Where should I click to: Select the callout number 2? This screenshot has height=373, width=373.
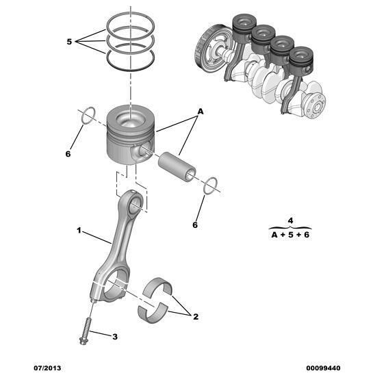tap(195, 317)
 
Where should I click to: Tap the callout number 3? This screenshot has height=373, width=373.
tap(115, 336)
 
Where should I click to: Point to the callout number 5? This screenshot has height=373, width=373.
tap(69, 42)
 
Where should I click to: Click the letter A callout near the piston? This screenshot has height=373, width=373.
tap(201, 111)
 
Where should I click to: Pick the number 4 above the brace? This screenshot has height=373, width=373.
tap(290, 220)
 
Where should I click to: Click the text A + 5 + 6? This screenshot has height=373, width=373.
tap(291, 235)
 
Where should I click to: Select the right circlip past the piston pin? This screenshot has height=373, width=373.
tap(211, 184)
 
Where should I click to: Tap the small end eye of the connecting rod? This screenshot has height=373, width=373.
tap(135, 203)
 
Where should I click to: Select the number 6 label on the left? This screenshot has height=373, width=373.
tap(68, 154)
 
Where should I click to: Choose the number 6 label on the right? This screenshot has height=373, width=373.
tap(195, 224)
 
